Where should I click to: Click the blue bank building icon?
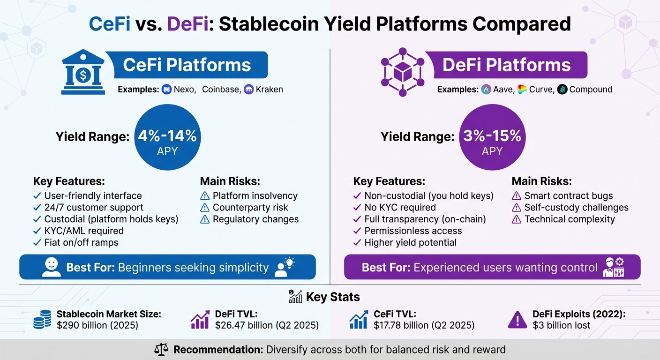click(83, 73)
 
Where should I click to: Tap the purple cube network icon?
click(402, 72)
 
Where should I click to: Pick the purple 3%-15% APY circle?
click(492, 137)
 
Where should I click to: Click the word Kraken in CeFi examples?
click(269, 89)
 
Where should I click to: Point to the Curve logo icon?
click(522, 89)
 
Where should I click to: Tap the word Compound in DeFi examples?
click(591, 89)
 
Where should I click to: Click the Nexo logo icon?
click(166, 89)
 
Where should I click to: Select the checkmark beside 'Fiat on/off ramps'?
click(37, 243)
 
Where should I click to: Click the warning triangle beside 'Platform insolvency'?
click(205, 196)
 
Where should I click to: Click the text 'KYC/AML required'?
click(84, 231)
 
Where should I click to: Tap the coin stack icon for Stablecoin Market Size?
click(43, 320)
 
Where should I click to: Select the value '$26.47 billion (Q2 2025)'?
click(267, 325)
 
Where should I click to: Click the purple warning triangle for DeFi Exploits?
click(517, 320)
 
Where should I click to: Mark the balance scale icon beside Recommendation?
click(161, 350)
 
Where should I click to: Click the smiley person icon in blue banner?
click(51, 267)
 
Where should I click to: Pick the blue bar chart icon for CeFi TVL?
click(359, 320)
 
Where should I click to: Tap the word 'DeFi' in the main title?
click(187, 24)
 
